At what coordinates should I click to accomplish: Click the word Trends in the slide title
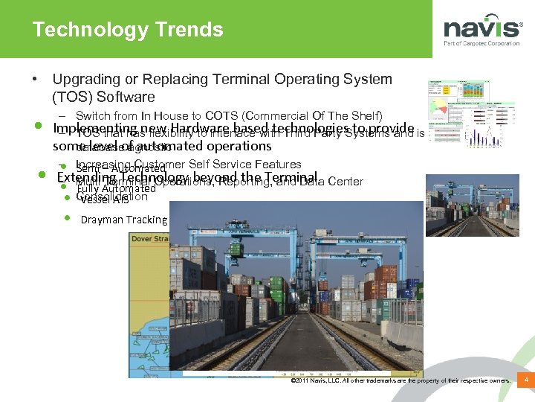189,30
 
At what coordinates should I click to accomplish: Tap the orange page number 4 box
526,381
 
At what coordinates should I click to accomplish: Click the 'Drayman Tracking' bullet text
124,220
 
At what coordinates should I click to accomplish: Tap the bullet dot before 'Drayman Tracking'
67,219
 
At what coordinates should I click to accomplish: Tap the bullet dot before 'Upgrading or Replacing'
35,79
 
